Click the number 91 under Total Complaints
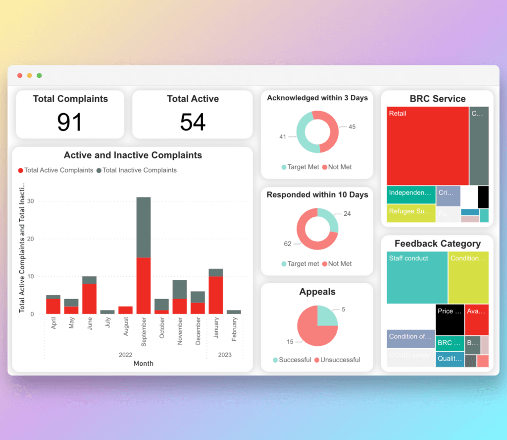(x=69, y=122)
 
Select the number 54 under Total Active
(x=193, y=122)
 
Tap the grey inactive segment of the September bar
(x=144, y=227)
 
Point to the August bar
(x=125, y=310)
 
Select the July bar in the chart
(x=107, y=312)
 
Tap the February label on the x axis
(x=235, y=328)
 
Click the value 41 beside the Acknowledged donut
(x=283, y=136)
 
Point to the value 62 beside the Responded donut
(x=288, y=244)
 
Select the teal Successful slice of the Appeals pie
(x=327, y=315)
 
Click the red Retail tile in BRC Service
(x=427, y=146)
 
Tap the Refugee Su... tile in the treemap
(x=411, y=212)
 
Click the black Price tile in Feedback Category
(x=450, y=319)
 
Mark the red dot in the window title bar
(x=20, y=75)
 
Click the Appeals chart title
(x=317, y=292)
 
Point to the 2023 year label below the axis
(x=225, y=355)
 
